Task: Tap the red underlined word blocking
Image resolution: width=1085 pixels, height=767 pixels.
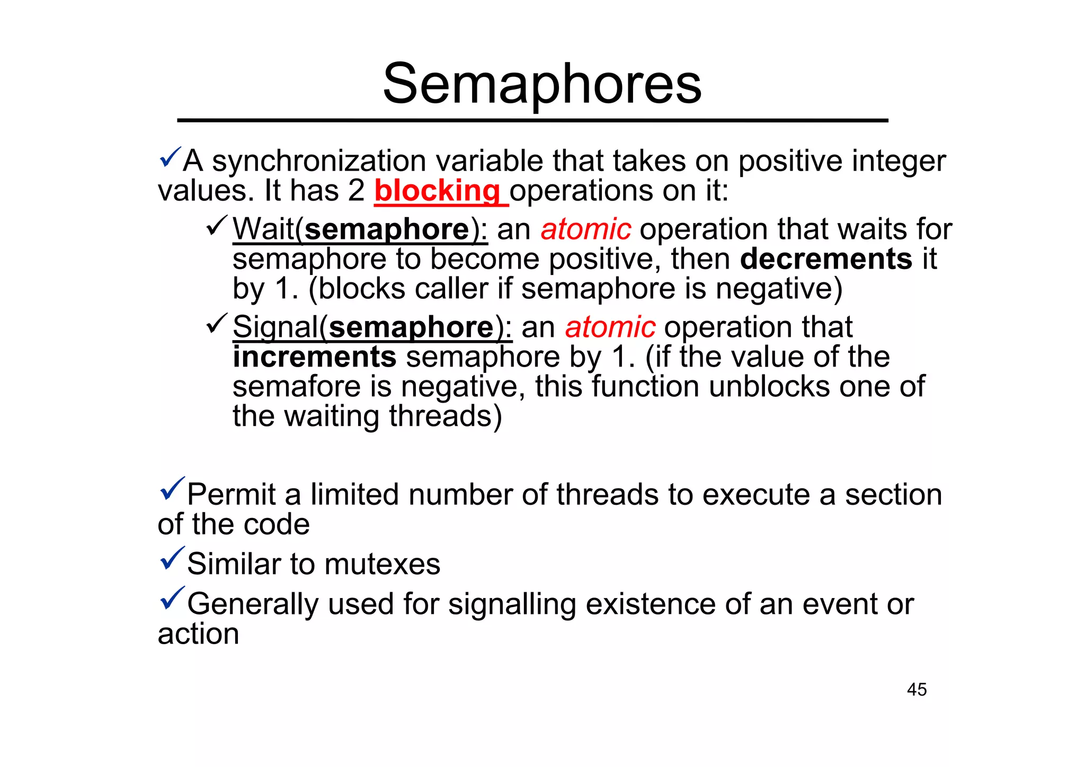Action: [x=438, y=191]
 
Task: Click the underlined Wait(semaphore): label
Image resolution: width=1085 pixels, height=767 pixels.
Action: [x=360, y=229]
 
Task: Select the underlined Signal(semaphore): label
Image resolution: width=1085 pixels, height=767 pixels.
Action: [x=372, y=327]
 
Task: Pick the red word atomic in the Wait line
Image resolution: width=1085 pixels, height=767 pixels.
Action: [x=585, y=229]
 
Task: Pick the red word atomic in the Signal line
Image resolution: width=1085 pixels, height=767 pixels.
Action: [x=610, y=327]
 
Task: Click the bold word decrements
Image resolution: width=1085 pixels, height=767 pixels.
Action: [x=826, y=259]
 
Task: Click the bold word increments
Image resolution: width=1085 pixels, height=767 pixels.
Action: [x=314, y=356]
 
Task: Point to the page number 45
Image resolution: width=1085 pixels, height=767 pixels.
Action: [x=917, y=690]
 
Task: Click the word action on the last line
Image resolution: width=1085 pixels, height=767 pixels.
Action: [x=198, y=634]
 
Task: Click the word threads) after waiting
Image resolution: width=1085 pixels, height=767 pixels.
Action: [x=445, y=416]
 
